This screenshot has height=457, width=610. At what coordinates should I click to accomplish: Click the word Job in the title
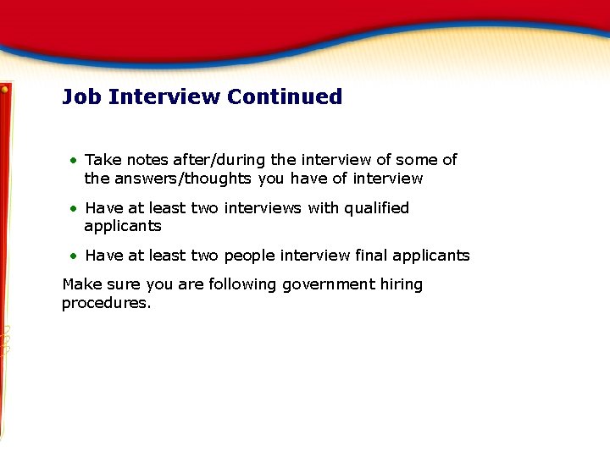82,96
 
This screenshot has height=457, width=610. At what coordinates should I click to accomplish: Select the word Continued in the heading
285,96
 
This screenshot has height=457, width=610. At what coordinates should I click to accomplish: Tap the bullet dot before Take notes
74,160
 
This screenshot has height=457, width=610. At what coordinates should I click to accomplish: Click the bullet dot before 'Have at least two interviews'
74,208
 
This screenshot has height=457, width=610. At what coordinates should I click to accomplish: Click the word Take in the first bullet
103,160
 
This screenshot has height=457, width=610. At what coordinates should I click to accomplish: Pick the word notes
147,160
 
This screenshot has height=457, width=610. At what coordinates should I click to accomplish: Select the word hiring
402,284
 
